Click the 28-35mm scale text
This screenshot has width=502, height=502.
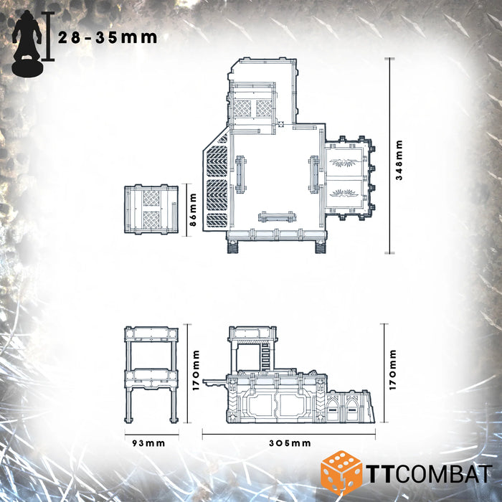[108, 38]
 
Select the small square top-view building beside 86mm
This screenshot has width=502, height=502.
[151, 209]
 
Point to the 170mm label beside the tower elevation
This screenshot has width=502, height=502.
[196, 374]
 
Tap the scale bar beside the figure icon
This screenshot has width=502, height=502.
[48, 36]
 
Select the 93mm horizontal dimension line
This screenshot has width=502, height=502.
[151, 432]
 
